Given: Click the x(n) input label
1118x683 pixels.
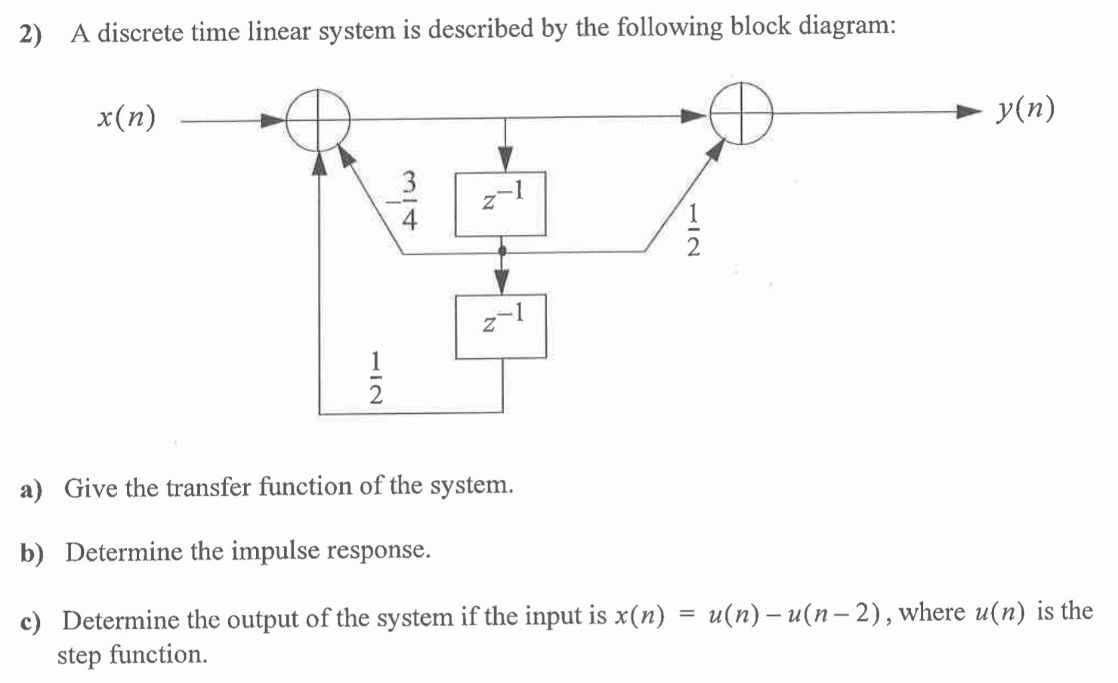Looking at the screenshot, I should pyautogui.click(x=127, y=118).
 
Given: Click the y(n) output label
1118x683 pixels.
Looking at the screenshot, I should pyautogui.click(x=1025, y=110).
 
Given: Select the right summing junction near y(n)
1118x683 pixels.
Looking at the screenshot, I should pyautogui.click(x=741, y=113).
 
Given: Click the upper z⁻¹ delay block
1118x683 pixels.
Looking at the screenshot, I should pyautogui.click(x=500, y=203).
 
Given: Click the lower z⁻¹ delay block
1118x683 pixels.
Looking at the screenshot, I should pyautogui.click(x=500, y=326).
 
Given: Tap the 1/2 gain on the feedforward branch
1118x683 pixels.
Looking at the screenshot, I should pyautogui.click(x=692, y=230).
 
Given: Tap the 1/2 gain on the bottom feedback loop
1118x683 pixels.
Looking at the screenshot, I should pyautogui.click(x=375, y=377).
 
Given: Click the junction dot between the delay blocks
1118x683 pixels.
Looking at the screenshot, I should pyautogui.click(x=501, y=250).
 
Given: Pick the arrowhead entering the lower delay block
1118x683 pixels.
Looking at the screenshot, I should pyautogui.click(x=501, y=281).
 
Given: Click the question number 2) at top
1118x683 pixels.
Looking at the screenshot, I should pyautogui.click(x=31, y=35).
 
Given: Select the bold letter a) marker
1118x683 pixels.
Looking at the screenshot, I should pyautogui.click(x=32, y=490).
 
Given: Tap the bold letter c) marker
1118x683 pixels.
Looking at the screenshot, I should pyautogui.click(x=30, y=622).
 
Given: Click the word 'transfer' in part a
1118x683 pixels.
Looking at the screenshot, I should pyautogui.click(x=208, y=487).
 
